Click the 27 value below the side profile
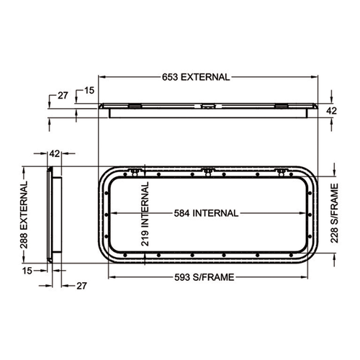81,286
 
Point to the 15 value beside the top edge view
89,90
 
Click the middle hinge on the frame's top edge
207,171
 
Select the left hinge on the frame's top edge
135,171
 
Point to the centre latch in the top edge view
207,106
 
